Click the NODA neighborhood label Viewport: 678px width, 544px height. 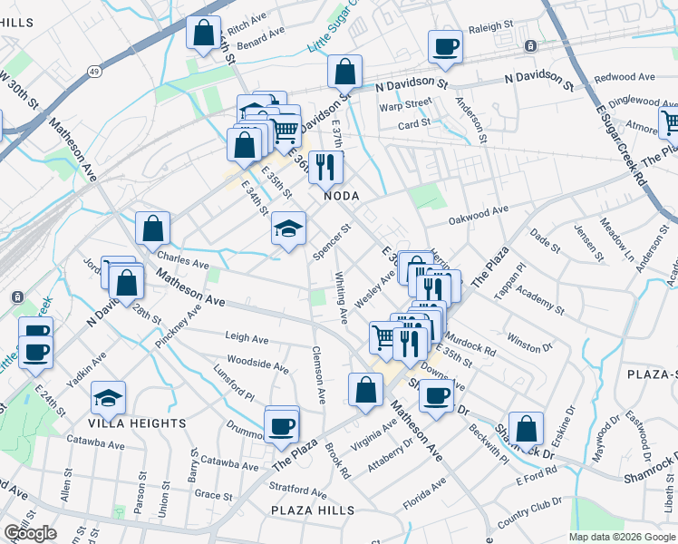(x=342, y=196)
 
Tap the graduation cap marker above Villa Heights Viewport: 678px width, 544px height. (x=108, y=397)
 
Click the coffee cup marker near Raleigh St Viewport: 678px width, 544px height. (x=445, y=47)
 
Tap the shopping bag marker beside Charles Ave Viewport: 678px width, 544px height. (x=152, y=228)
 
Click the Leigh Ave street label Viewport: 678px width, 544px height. (x=247, y=339)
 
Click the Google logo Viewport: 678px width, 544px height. (x=31, y=533)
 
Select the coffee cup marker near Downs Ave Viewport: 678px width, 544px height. (x=436, y=396)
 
